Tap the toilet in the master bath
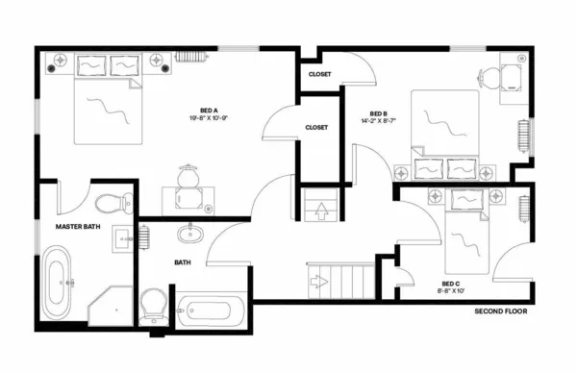113,203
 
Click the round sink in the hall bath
188,232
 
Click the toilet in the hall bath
153,305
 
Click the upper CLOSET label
320,74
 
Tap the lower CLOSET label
316,127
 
